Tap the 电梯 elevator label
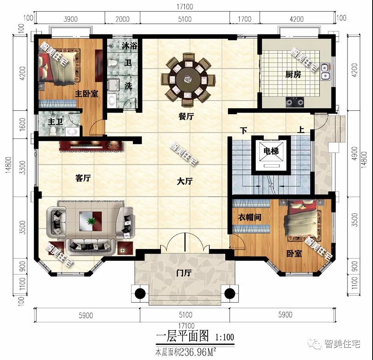coord(271,151)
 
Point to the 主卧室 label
coord(87,94)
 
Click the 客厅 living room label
coord(83,178)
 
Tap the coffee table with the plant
coord(91,222)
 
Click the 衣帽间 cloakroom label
coord(250,217)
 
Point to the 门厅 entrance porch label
coord(183,273)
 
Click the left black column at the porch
coord(140,293)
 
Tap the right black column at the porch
coord(229,293)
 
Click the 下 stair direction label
coord(244,131)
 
